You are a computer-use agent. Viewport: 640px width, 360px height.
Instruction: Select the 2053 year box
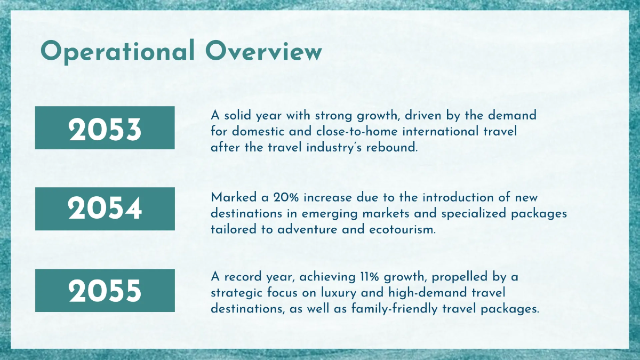coord(105,127)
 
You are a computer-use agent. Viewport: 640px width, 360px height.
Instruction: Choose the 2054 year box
coord(105,209)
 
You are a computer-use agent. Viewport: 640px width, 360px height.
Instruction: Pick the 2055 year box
coord(105,290)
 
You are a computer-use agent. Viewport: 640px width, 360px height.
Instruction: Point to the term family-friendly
coord(390,309)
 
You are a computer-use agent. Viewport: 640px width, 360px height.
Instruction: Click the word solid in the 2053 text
coord(235,115)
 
